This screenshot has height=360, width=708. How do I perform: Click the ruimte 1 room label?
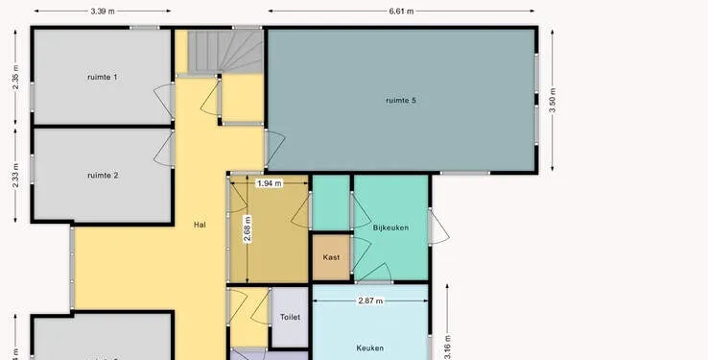click(103, 77)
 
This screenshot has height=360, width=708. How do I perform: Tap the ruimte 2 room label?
click(103, 176)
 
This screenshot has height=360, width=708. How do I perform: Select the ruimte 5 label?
click(401, 100)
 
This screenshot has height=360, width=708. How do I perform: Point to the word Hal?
click(200, 225)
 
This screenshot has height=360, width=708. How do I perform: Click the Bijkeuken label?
click(390, 228)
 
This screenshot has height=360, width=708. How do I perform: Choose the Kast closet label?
click(331, 257)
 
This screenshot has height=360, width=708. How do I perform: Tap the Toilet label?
click(290, 317)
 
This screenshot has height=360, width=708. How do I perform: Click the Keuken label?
click(369, 348)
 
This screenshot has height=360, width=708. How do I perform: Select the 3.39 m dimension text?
click(103, 12)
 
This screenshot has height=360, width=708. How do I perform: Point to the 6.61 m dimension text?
click(401, 12)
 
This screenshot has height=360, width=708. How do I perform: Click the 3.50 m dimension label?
click(553, 101)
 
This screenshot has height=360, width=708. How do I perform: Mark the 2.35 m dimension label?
click(15, 77)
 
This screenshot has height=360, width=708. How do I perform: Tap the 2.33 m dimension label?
click(15, 176)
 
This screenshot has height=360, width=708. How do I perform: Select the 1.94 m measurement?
click(270, 183)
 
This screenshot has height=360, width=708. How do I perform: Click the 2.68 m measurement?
click(248, 229)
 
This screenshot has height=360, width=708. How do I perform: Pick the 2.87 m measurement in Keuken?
click(370, 300)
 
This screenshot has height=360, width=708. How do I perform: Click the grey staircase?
click(225, 52)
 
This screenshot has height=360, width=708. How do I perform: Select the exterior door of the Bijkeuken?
click(437, 228)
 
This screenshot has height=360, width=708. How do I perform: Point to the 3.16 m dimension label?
click(447, 347)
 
